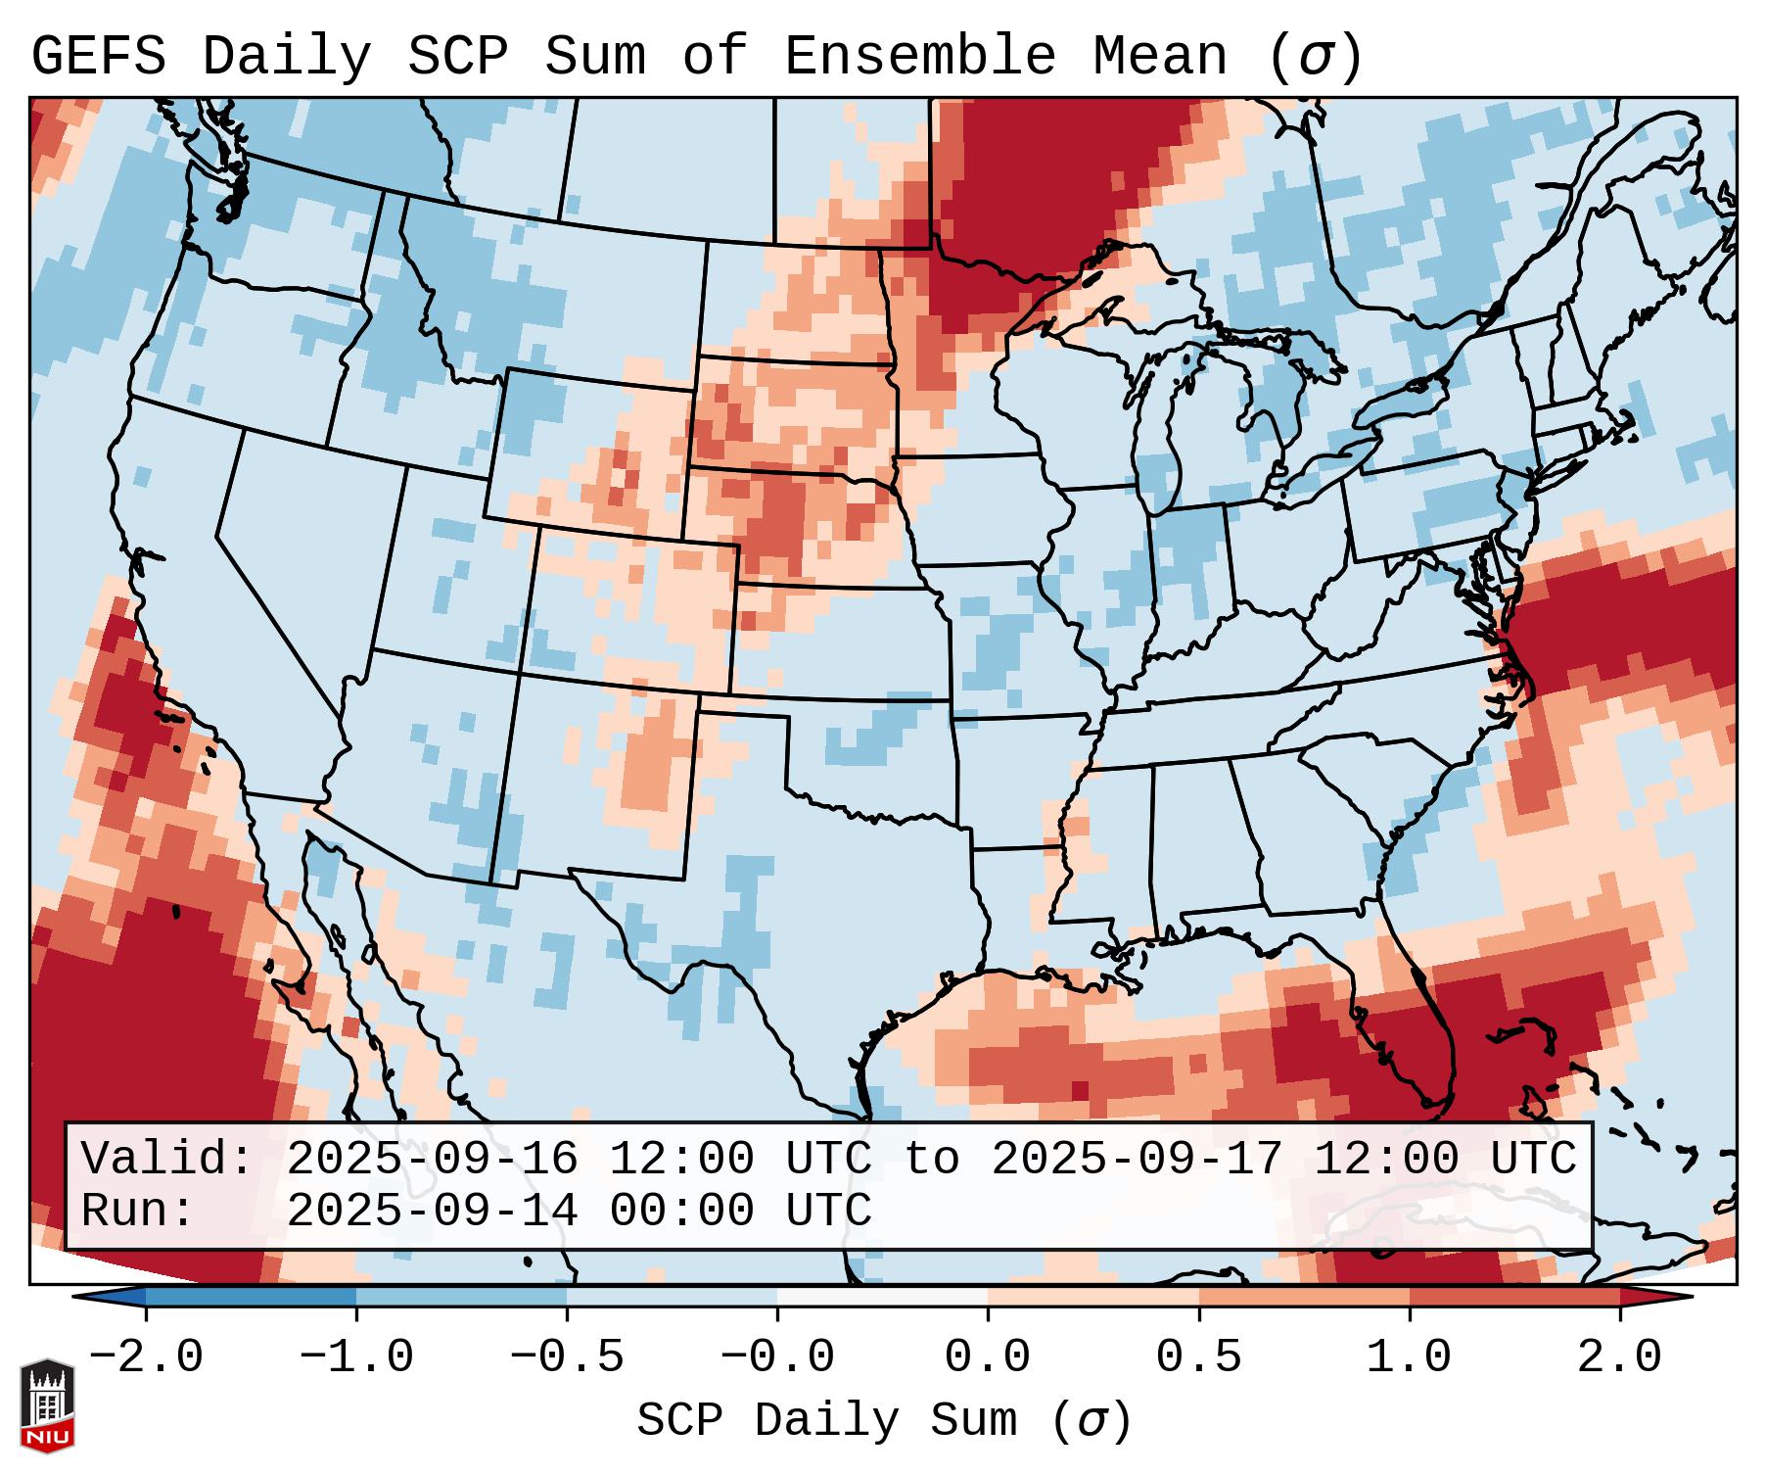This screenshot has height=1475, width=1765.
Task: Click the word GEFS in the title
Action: pos(98,56)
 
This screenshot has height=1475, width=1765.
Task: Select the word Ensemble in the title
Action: pos(919,56)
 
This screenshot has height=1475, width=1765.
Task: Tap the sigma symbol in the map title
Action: pos(1315,56)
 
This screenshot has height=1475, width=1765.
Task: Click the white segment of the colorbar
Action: pos(882,1297)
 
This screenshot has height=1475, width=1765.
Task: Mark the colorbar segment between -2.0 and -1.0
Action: pos(251,1297)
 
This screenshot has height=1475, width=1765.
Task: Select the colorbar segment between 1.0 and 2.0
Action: pos(1514,1297)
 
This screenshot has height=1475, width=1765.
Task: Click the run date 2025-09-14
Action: pos(432,1211)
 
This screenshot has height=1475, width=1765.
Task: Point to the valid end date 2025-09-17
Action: pos(1137,1160)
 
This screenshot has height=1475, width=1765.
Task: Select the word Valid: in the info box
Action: pos(167,1160)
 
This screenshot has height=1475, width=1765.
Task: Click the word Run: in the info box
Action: pos(138,1211)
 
